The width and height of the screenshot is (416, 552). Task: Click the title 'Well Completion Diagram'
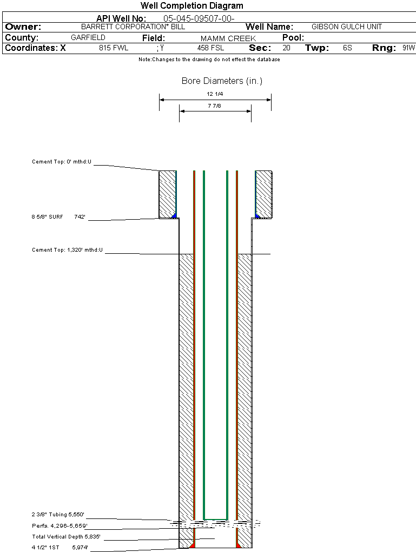(192, 6)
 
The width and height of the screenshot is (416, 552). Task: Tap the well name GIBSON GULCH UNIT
(347, 27)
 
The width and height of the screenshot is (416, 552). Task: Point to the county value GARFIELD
(88, 38)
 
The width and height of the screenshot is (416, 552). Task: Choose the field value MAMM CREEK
(228, 38)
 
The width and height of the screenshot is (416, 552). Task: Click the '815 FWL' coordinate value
(114, 48)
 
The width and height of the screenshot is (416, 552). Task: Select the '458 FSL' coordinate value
(210, 48)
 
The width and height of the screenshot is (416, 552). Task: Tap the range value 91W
(408, 48)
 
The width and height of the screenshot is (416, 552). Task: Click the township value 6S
(347, 48)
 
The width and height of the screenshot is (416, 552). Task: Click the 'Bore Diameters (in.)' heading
(222, 81)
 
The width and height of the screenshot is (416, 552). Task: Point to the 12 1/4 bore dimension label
(215, 94)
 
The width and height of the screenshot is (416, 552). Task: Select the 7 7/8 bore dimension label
(215, 106)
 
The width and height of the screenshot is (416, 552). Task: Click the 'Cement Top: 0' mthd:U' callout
(62, 162)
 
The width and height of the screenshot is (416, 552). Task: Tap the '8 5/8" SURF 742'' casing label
(58, 217)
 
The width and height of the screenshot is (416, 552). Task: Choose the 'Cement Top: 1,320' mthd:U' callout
(67, 250)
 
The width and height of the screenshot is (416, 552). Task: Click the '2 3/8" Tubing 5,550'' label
(58, 515)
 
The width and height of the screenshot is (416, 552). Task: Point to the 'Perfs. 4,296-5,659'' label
(60, 526)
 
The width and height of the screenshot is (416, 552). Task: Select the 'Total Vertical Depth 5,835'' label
(66, 537)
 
